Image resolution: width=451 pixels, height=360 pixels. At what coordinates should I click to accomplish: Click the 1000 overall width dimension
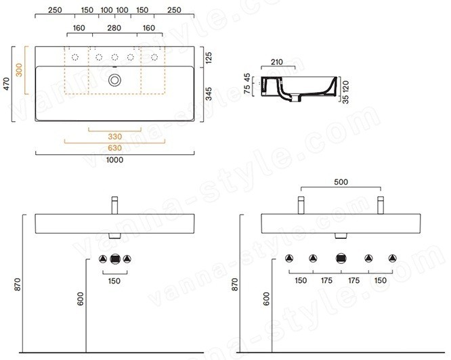coord(114,160)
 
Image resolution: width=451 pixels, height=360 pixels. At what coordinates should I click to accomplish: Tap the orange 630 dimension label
coord(114,148)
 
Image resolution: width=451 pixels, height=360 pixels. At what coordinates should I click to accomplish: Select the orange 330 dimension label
coord(114,137)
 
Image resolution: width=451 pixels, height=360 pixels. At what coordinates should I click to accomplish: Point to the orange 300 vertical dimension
coord(19,70)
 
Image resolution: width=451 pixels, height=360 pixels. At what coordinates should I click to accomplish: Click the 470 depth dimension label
coord(7,84)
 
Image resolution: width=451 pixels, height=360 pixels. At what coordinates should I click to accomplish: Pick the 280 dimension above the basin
coord(114,28)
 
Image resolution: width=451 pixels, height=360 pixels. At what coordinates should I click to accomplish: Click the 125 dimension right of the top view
coord(209,58)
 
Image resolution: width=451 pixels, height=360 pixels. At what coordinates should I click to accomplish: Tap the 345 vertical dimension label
coord(209,94)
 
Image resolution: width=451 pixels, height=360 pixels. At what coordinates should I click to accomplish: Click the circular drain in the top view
coord(114,80)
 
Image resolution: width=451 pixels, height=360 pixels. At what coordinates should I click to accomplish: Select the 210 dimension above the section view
coord(277,62)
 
